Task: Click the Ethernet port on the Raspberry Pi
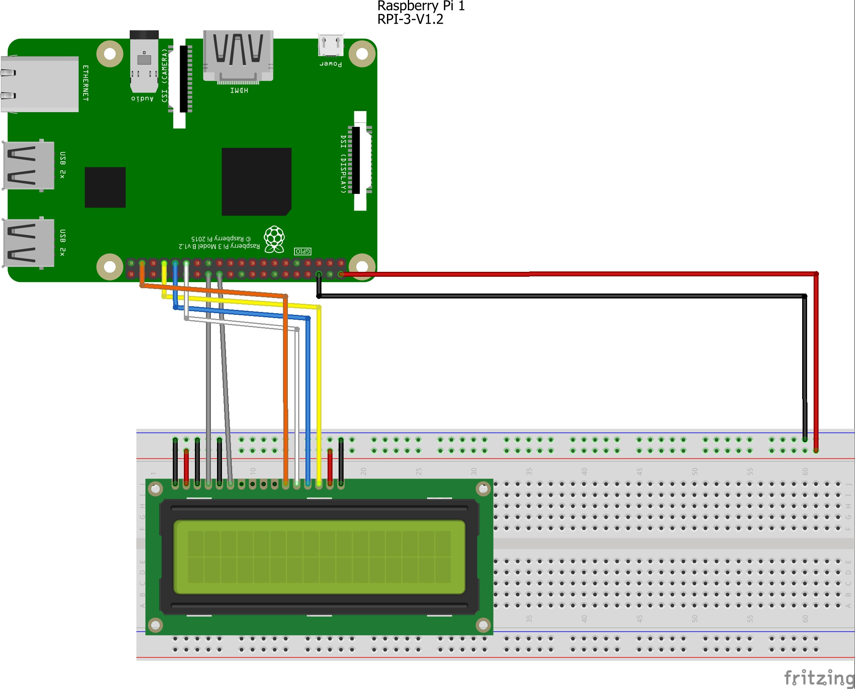click(x=40, y=84)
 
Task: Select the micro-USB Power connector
click(x=331, y=45)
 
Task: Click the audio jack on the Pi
click(x=144, y=61)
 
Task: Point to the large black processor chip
click(x=256, y=181)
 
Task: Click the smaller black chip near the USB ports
click(x=105, y=187)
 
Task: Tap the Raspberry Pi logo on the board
click(x=274, y=239)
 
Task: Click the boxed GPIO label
click(x=303, y=251)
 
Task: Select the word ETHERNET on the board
click(x=86, y=83)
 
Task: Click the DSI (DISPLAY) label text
click(x=344, y=164)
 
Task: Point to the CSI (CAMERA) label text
click(x=165, y=75)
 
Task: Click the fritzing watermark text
click(x=819, y=678)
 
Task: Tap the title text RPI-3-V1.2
click(x=410, y=19)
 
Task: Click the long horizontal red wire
click(x=573, y=274)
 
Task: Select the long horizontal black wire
click(x=561, y=296)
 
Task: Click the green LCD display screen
click(x=319, y=557)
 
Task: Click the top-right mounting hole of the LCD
click(x=483, y=488)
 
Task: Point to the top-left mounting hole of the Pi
click(x=110, y=54)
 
